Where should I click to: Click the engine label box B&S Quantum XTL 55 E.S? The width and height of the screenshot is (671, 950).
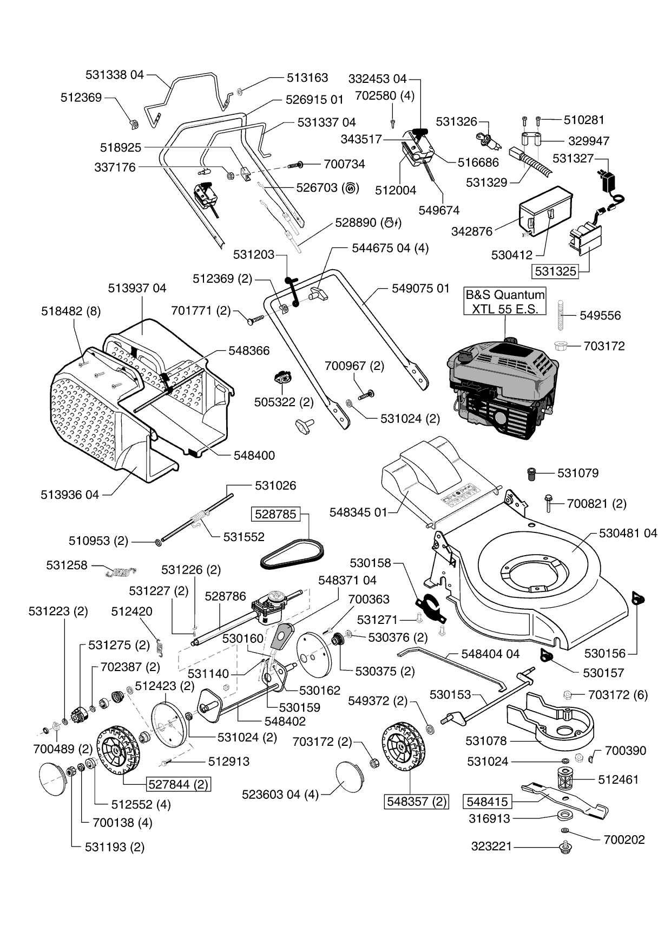[x=505, y=302]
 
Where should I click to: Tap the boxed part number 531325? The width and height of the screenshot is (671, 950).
[x=556, y=271]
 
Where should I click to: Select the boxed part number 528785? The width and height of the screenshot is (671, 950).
[x=275, y=513]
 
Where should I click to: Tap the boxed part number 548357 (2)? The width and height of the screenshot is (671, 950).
[x=416, y=801]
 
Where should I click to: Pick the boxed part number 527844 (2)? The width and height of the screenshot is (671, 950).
[x=178, y=784]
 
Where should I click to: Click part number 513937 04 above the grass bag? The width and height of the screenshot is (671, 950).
[x=137, y=288]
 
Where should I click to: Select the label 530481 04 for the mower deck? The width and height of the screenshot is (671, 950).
[x=628, y=533]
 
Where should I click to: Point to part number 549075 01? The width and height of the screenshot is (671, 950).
[x=420, y=289]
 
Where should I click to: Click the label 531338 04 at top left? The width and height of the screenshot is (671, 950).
[x=115, y=75]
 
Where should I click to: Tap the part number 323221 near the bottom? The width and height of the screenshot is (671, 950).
[x=491, y=846]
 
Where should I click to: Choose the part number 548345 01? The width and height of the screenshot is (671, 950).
[x=358, y=512]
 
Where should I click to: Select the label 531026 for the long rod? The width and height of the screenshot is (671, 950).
[x=275, y=485]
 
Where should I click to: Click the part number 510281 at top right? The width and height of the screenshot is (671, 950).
[x=584, y=120]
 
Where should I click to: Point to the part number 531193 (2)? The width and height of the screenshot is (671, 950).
[x=114, y=847]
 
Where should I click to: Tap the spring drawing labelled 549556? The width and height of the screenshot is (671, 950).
[x=561, y=315]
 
